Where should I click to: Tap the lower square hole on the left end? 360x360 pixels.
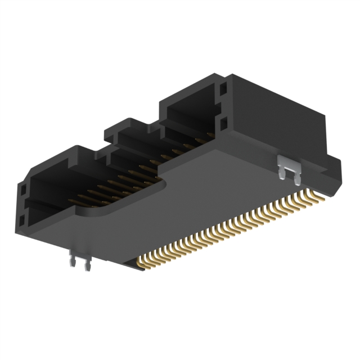point(23,218)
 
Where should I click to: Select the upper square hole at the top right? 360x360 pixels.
point(224,89)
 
